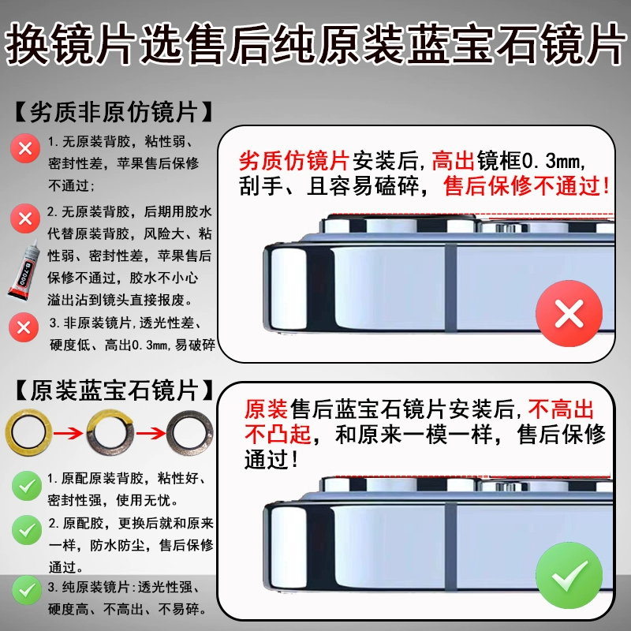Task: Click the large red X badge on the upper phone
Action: pos(569,313)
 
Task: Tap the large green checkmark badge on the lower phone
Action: pos(569,576)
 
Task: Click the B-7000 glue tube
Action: pos(24,270)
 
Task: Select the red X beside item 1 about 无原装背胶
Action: pos(25,148)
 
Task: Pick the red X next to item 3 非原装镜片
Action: pos(24,327)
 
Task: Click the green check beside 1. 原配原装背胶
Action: pos(27,486)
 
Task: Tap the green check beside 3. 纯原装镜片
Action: pos(27,590)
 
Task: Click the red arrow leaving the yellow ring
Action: pos(68,433)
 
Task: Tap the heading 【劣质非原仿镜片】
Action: pos(114,111)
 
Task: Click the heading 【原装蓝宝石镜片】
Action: pos(114,390)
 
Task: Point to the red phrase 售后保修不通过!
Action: pos(526,186)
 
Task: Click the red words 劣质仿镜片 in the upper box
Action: pos(293,161)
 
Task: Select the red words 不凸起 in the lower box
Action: pos(278,435)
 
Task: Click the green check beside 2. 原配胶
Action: pos(27,530)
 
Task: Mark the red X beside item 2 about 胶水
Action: pos(25,218)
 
